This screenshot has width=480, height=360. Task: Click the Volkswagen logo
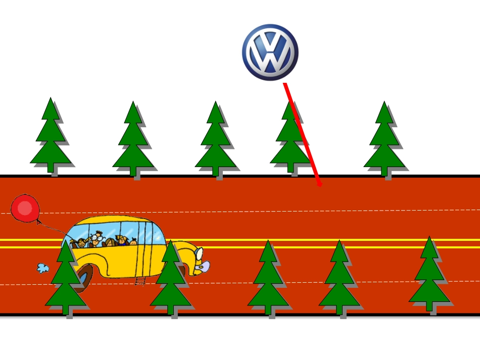click(x=270, y=53)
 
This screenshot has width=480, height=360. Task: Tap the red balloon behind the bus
click(x=25, y=209)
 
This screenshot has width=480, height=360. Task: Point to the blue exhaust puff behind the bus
click(x=43, y=268)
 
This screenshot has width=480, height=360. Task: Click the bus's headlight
click(x=199, y=253)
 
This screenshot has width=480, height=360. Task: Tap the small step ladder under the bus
click(x=140, y=281)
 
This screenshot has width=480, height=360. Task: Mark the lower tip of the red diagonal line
click(x=320, y=185)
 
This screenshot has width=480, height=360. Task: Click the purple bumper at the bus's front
click(x=203, y=267)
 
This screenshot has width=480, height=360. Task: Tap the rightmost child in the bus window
click(x=133, y=242)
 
